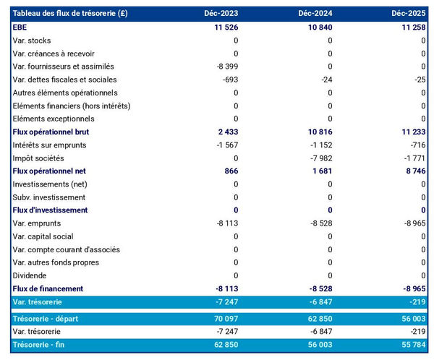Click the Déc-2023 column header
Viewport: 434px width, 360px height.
click(x=221, y=14)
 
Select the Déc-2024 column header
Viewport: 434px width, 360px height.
click(x=315, y=14)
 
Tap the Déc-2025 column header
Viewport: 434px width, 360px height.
click(x=409, y=14)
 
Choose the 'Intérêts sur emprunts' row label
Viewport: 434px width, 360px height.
click(x=48, y=145)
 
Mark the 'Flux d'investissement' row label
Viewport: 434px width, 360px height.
click(x=51, y=210)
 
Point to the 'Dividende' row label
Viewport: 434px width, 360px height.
click(x=30, y=275)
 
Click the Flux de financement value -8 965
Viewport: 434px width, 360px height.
click(x=413, y=289)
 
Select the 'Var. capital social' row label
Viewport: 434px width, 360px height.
click(x=43, y=236)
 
